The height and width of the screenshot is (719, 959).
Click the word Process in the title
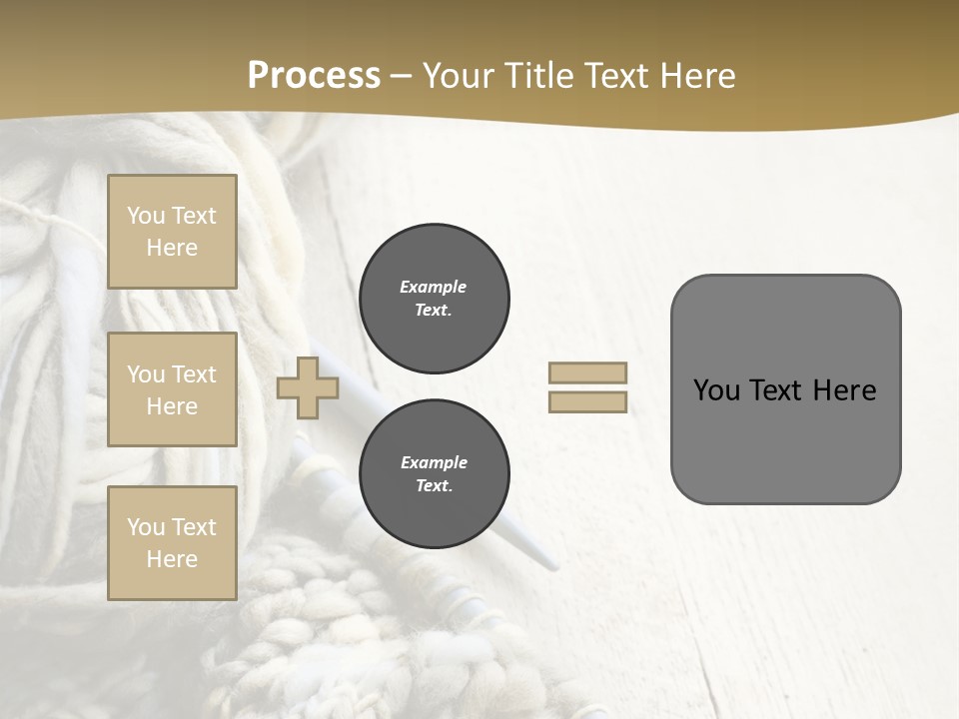click(x=314, y=76)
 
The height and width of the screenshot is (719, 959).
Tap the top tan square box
click(x=172, y=232)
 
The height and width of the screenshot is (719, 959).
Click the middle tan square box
click(x=172, y=389)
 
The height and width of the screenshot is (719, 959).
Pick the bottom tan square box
click(x=172, y=543)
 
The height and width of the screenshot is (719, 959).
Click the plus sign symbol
click(x=308, y=387)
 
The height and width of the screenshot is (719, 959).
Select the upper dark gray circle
click(x=434, y=299)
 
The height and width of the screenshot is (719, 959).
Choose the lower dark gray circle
click(x=434, y=474)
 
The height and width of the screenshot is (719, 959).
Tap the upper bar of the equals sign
click(x=587, y=372)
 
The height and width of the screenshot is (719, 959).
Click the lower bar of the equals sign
click(x=587, y=401)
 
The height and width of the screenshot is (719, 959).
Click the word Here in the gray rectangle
click(x=844, y=390)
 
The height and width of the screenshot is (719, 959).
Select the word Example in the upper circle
click(x=433, y=287)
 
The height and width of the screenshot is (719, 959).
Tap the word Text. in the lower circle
click(x=434, y=486)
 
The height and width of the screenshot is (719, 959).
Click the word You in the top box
click(x=146, y=216)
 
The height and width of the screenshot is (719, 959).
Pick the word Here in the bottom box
click(x=172, y=559)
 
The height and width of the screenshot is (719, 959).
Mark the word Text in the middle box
click(x=193, y=374)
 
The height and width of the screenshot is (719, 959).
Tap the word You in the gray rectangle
click(x=715, y=390)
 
